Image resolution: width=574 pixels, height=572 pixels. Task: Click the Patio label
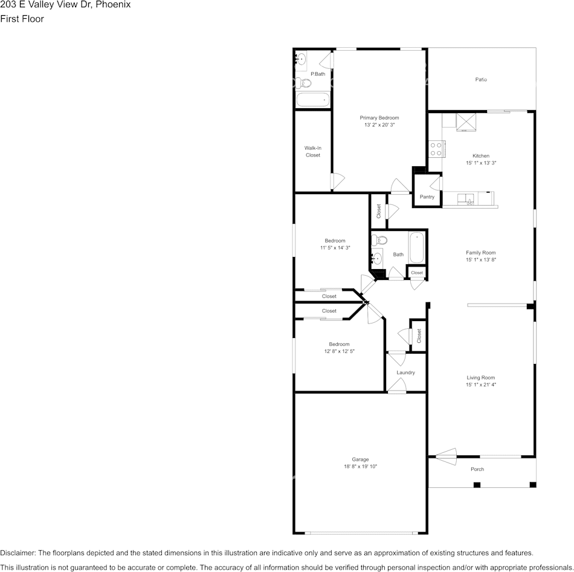[481, 79]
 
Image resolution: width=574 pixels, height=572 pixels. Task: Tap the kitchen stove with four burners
[436, 149]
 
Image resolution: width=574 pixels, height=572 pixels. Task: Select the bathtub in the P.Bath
[313, 100]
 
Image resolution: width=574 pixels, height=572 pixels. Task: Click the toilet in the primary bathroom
[300, 82]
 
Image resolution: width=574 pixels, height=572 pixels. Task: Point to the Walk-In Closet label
[312, 151]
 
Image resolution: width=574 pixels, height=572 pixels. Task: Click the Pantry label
[427, 197]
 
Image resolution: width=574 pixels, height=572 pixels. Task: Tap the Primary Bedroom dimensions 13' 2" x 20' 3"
[379, 125]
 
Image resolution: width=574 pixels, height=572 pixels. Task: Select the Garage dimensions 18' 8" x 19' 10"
[360, 466]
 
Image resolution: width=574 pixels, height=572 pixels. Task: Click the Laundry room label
[405, 372]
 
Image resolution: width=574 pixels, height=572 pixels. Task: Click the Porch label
[477, 469]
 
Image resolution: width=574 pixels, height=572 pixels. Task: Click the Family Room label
[480, 253]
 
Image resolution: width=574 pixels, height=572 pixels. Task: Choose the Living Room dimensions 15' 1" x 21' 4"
[480, 385]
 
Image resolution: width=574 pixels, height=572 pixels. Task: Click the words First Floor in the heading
[22, 19]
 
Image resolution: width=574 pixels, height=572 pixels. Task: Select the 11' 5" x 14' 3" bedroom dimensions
[335, 247]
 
